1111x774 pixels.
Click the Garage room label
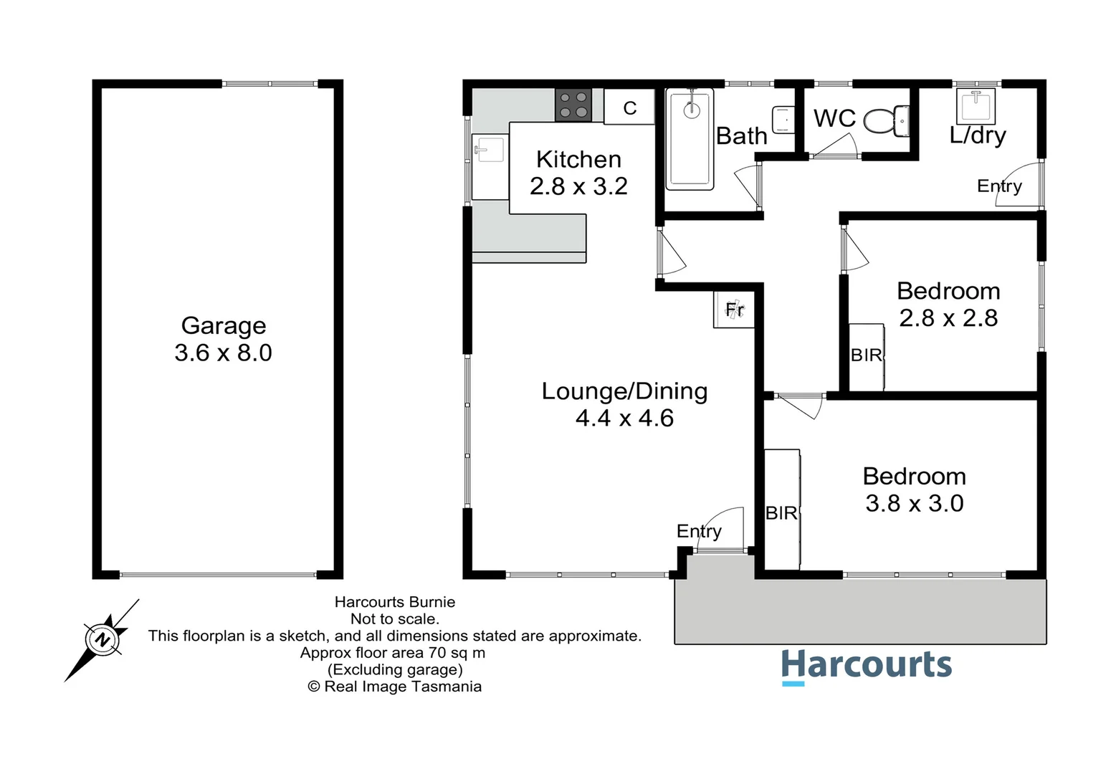224,325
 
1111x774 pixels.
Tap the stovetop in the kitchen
573,105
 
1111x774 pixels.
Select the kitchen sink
490,150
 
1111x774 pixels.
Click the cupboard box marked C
629,107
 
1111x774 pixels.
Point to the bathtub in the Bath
690,139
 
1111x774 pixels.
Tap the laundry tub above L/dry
976,105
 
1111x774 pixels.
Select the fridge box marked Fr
735,310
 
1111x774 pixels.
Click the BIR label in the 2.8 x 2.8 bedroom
866,355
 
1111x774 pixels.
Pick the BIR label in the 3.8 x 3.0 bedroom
781,513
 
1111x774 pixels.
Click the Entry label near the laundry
999,186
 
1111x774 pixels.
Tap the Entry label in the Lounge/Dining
699,531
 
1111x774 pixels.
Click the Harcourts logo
866,666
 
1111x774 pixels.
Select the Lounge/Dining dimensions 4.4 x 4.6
624,418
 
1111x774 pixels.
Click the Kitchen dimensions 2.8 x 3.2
578,186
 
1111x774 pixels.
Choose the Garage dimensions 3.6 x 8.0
224,353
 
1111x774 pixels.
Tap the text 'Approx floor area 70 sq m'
393,653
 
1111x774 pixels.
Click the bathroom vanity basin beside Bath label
783,120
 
